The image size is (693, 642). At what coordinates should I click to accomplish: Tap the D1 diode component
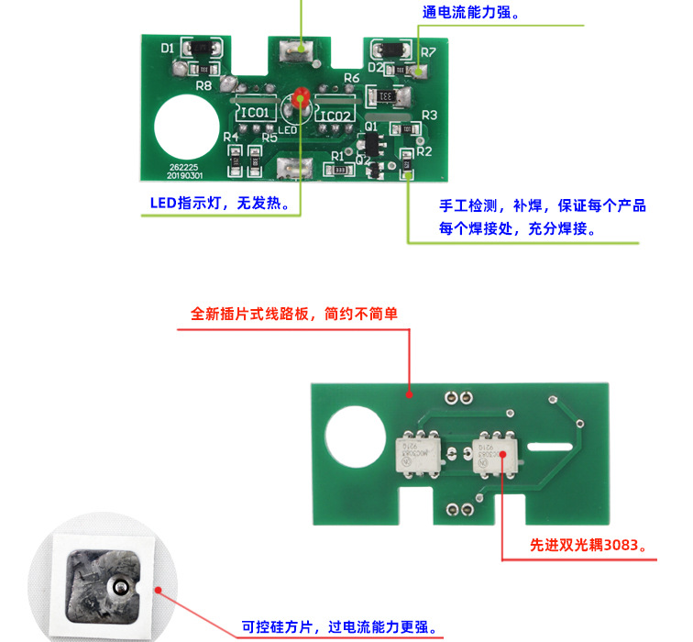click(x=201, y=48)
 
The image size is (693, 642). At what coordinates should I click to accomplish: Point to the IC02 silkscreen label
click(x=335, y=115)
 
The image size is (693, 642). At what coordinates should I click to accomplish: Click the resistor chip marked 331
click(x=387, y=95)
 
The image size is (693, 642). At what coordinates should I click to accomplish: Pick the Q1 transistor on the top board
click(x=371, y=142)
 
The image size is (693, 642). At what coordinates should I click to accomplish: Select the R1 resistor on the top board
click(x=340, y=170)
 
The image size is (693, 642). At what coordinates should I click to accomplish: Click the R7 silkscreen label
click(x=428, y=53)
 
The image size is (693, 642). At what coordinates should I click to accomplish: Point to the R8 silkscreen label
click(x=203, y=85)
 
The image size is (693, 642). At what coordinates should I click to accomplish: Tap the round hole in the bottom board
click(x=354, y=434)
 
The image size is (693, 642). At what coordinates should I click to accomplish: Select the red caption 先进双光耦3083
click(x=594, y=545)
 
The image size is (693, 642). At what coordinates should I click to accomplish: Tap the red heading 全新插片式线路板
click(x=294, y=314)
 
